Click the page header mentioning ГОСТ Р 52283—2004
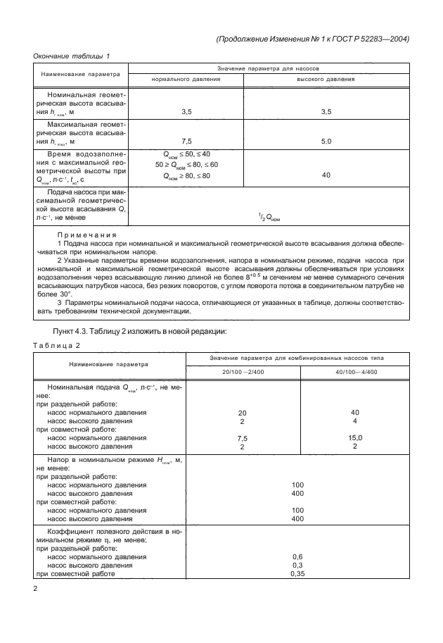coord(312,39)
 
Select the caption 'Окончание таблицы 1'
coord(72,56)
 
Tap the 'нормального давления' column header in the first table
coord(186,80)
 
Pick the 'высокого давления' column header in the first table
coord(326,80)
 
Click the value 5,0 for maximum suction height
coord(326,141)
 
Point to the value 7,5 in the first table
coord(186,141)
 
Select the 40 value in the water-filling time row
coord(326,175)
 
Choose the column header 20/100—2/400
coord(243,371)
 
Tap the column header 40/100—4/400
coord(355,371)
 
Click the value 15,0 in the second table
coord(355,437)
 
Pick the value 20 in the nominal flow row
coord(243,413)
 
